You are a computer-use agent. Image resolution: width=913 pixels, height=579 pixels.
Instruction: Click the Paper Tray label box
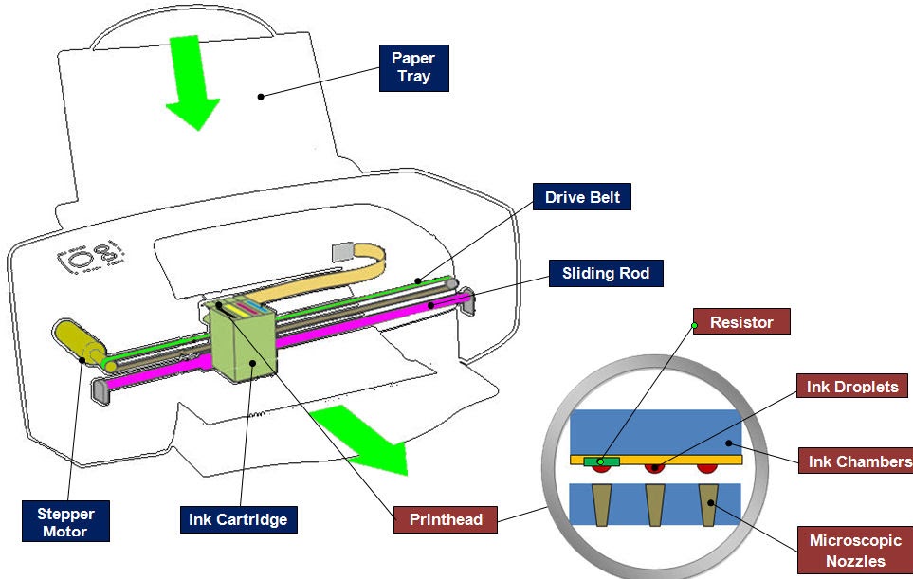tap(413, 68)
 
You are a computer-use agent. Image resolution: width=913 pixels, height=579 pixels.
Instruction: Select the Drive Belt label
tap(582, 197)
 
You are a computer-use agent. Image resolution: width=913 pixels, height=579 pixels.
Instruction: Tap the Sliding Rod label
tap(606, 274)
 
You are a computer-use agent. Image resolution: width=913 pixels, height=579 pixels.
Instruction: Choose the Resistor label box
tap(740, 322)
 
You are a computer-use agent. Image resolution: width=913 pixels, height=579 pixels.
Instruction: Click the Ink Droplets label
tap(852, 387)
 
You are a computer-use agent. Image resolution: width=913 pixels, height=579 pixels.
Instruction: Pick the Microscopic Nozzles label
tap(854, 550)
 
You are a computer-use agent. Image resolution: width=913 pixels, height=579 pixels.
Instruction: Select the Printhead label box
tap(446, 518)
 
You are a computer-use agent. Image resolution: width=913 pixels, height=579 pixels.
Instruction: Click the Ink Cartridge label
tap(237, 519)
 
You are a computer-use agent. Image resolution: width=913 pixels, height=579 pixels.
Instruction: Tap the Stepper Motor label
tap(66, 522)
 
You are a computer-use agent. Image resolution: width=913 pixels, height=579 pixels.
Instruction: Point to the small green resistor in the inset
tap(602, 461)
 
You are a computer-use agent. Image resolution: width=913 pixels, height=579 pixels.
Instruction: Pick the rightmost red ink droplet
tap(706, 467)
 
